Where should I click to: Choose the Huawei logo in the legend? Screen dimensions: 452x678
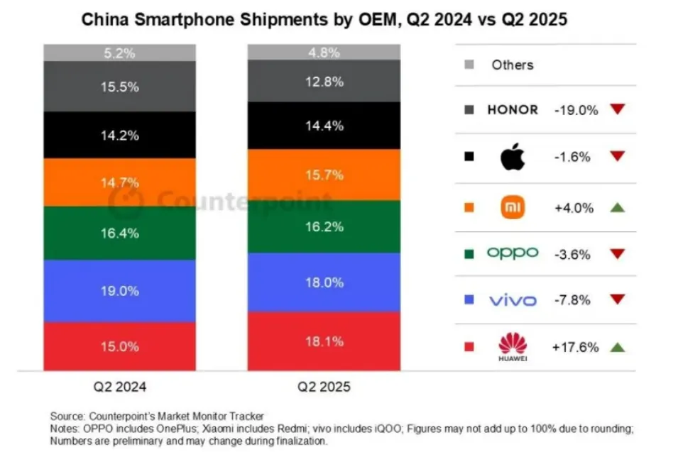pyautogui.click(x=513, y=347)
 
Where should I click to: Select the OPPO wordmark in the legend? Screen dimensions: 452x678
pyautogui.click(x=513, y=253)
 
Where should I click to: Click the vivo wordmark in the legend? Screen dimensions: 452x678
pyautogui.click(x=513, y=301)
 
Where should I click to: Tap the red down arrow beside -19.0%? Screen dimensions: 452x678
pyautogui.click(x=617, y=109)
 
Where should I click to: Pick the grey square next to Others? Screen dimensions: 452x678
pyautogui.click(x=469, y=65)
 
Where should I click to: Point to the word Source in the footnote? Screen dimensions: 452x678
pyautogui.click(x=67, y=415)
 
